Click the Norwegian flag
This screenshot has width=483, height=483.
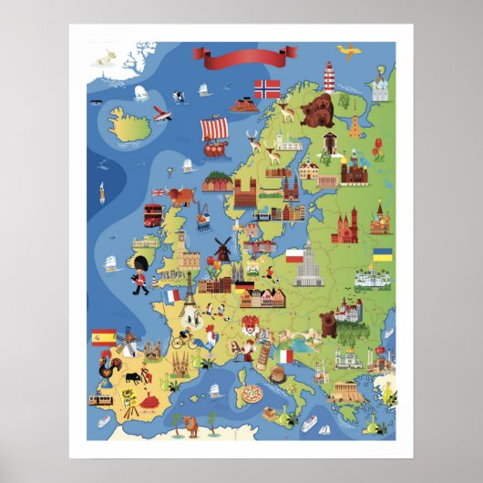click(x=267, y=89)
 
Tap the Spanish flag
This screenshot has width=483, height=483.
click(x=101, y=338)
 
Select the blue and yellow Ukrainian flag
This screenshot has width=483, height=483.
click(x=382, y=254)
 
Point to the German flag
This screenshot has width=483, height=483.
click(x=243, y=286)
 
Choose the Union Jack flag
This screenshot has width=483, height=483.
click(x=159, y=192)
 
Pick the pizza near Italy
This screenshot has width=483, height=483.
click(x=251, y=395)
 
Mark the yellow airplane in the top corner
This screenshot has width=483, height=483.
click(x=344, y=48)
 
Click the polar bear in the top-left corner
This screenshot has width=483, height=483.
click(x=105, y=57)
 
